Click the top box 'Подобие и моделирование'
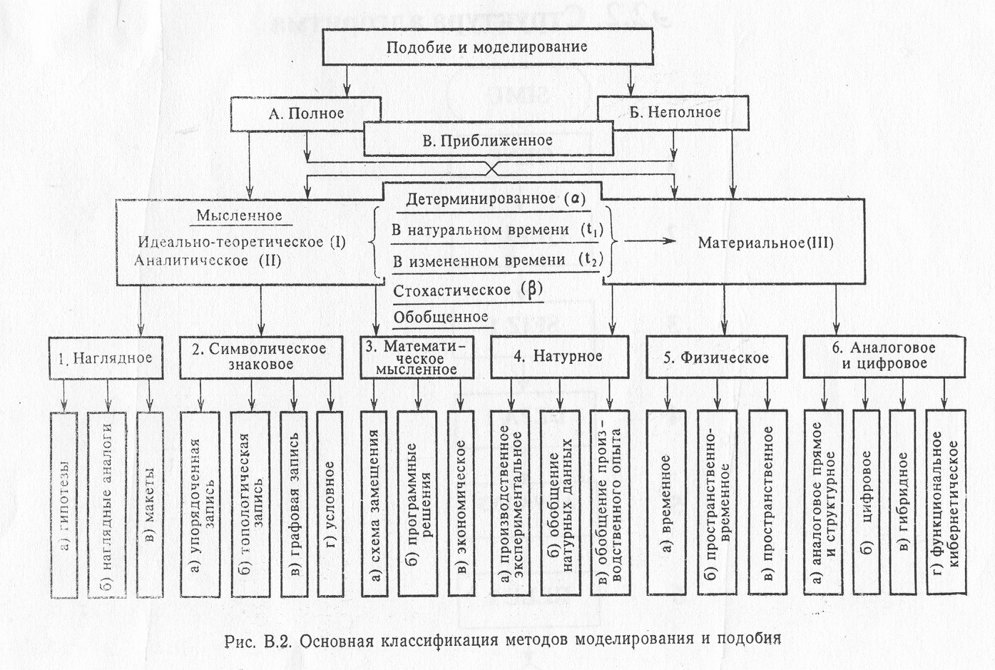pyautogui.click(x=487, y=47)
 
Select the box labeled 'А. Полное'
pyautogui.click(x=306, y=113)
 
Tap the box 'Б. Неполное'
pyautogui.click(x=674, y=112)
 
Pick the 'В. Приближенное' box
pyautogui.click(x=488, y=140)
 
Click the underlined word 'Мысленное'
pyautogui.click(x=240, y=215)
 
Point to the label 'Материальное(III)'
pyautogui.click(x=765, y=243)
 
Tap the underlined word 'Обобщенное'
pyautogui.click(x=441, y=316)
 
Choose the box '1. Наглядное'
pyautogui.click(x=106, y=357)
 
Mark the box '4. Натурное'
pyautogui.click(x=558, y=356)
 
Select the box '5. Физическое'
pyautogui.click(x=715, y=357)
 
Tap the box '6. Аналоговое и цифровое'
pyautogui.click(x=884, y=356)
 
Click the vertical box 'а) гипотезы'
pyautogui.click(x=64, y=504)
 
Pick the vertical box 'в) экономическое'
pyautogui.click(x=461, y=504)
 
